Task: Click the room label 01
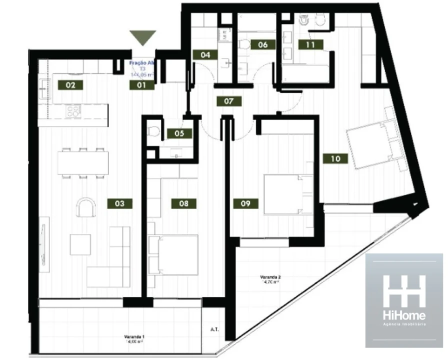(142, 85)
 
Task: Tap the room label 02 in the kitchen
(70, 85)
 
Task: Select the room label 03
(119, 203)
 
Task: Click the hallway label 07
(229, 101)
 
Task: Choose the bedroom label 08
(183, 203)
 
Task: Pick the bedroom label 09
(245, 203)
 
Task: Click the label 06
(263, 44)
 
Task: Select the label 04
(205, 55)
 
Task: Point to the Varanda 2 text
(270, 279)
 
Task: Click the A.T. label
(215, 330)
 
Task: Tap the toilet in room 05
(154, 132)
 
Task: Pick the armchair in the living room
(86, 207)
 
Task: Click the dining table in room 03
(83, 162)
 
